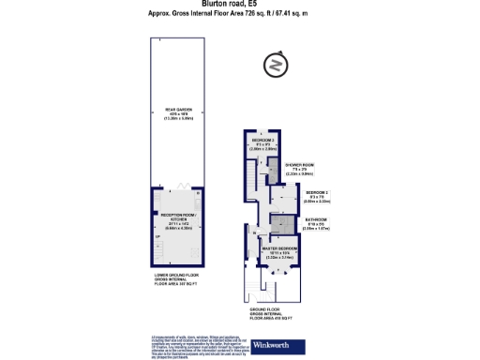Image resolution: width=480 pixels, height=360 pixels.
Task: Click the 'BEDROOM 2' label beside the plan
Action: click(318, 195)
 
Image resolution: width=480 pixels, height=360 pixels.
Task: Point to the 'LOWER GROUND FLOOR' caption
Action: click(176, 278)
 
